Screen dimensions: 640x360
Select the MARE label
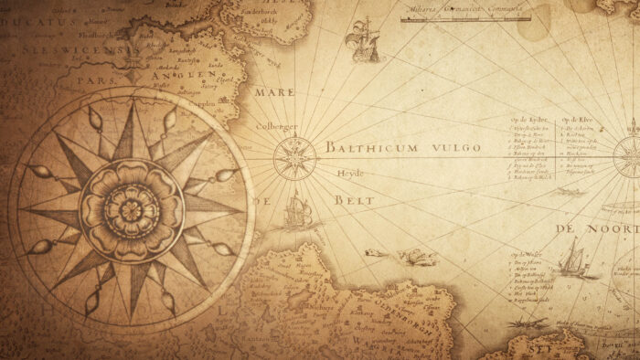pos(274,92)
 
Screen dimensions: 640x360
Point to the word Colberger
pos(277,126)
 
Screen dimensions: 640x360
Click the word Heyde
pos(349,173)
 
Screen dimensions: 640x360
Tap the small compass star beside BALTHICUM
pos(294,158)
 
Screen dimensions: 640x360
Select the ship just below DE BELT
pos(293,212)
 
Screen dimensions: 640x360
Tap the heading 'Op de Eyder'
pos(528,120)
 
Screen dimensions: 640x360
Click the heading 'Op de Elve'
pos(578,120)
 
